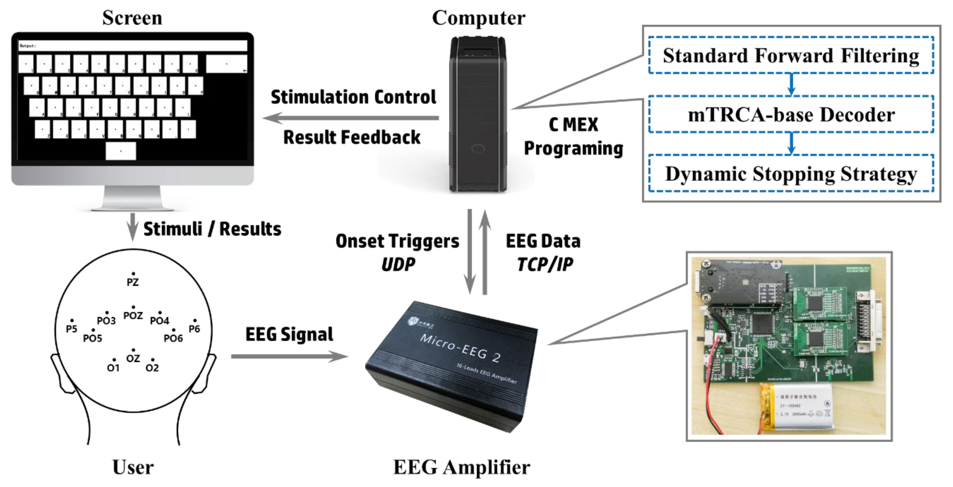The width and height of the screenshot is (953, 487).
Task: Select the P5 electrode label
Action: [x=72, y=328]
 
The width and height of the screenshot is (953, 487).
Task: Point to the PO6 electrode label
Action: [x=173, y=338]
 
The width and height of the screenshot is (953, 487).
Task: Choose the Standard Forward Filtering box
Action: [x=791, y=56]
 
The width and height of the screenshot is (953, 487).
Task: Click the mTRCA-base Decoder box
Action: [x=791, y=114]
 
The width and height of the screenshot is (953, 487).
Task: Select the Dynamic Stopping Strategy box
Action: [x=791, y=174]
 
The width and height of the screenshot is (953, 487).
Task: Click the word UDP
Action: [x=398, y=264]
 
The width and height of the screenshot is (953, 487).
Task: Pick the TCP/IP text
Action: [x=545, y=264]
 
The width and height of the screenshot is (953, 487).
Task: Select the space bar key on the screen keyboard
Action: [x=121, y=151]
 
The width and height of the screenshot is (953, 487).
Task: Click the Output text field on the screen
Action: [x=132, y=46]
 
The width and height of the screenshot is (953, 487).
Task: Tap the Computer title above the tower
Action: [x=478, y=18]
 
